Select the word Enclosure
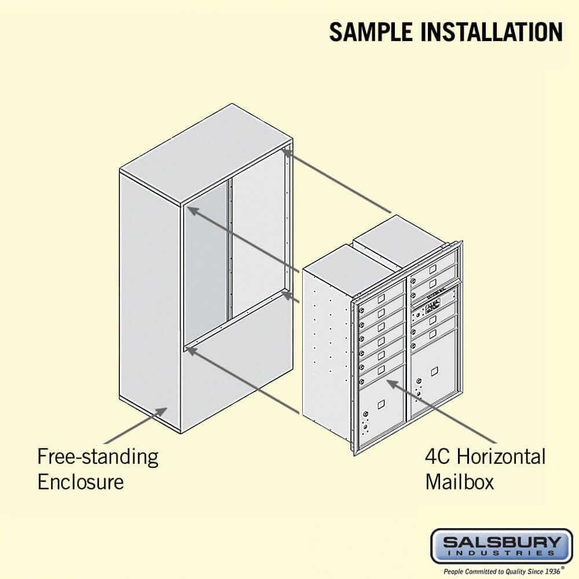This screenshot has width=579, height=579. point(80,481)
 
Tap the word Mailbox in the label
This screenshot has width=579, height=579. point(460,481)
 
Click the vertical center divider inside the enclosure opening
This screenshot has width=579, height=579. point(229,249)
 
